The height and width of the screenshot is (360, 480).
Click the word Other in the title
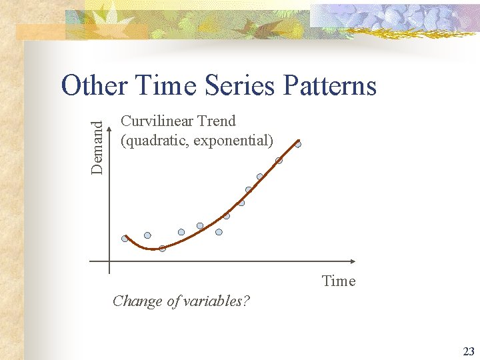[x=93, y=86]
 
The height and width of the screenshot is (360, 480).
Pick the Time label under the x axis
[x=339, y=281]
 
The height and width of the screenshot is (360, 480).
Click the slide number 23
[x=468, y=351]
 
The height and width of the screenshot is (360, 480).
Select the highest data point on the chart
[x=298, y=144]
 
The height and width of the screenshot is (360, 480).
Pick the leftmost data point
[x=125, y=239]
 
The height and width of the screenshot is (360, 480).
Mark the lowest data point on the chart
[x=162, y=249]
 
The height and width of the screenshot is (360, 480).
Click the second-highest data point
[x=279, y=161]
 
